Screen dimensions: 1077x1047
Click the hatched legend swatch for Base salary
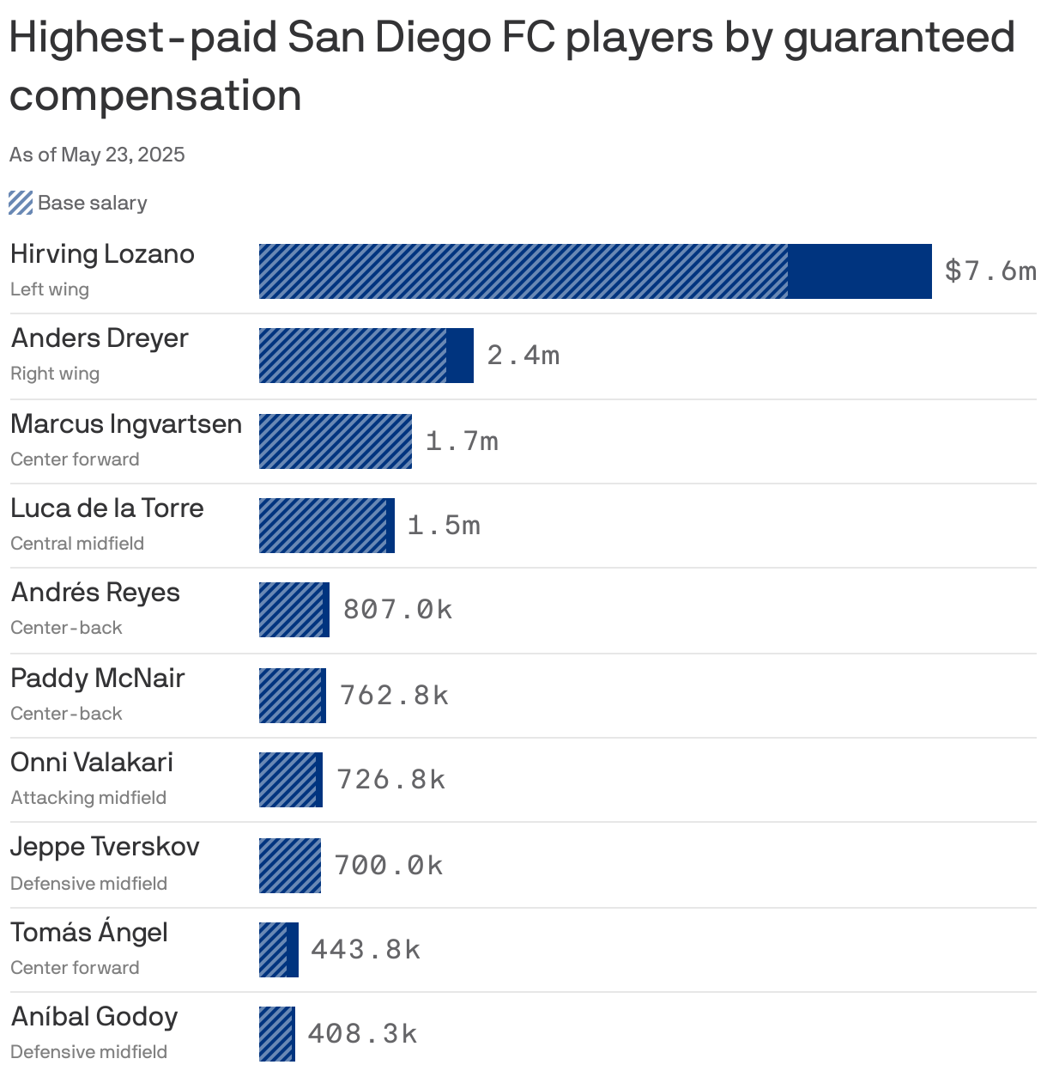coord(21,203)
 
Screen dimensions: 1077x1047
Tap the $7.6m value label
coord(990,271)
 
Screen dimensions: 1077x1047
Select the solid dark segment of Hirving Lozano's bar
coord(859,271)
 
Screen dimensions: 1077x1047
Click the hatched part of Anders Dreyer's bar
coord(352,356)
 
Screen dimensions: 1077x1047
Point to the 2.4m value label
coord(523,356)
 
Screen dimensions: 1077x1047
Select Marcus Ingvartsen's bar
coord(336,441)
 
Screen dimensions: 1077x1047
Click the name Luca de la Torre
coord(107,508)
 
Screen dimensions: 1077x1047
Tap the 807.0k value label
coord(397,610)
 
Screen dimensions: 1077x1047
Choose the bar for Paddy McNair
coord(293,696)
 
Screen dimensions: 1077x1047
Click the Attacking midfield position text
coord(88,798)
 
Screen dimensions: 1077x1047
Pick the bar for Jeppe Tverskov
coord(290,866)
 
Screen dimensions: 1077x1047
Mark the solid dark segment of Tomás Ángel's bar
coord(293,950)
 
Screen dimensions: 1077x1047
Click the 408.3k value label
coord(362,1034)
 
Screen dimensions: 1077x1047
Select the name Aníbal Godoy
coord(94,1017)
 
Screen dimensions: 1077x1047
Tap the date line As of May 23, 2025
coord(97,155)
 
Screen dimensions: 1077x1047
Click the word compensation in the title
coord(155,95)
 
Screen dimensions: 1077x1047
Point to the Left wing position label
coord(50,289)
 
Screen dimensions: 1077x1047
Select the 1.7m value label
coord(462,441)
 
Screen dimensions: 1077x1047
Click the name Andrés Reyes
coord(95,593)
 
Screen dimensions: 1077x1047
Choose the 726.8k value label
coord(391,780)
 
